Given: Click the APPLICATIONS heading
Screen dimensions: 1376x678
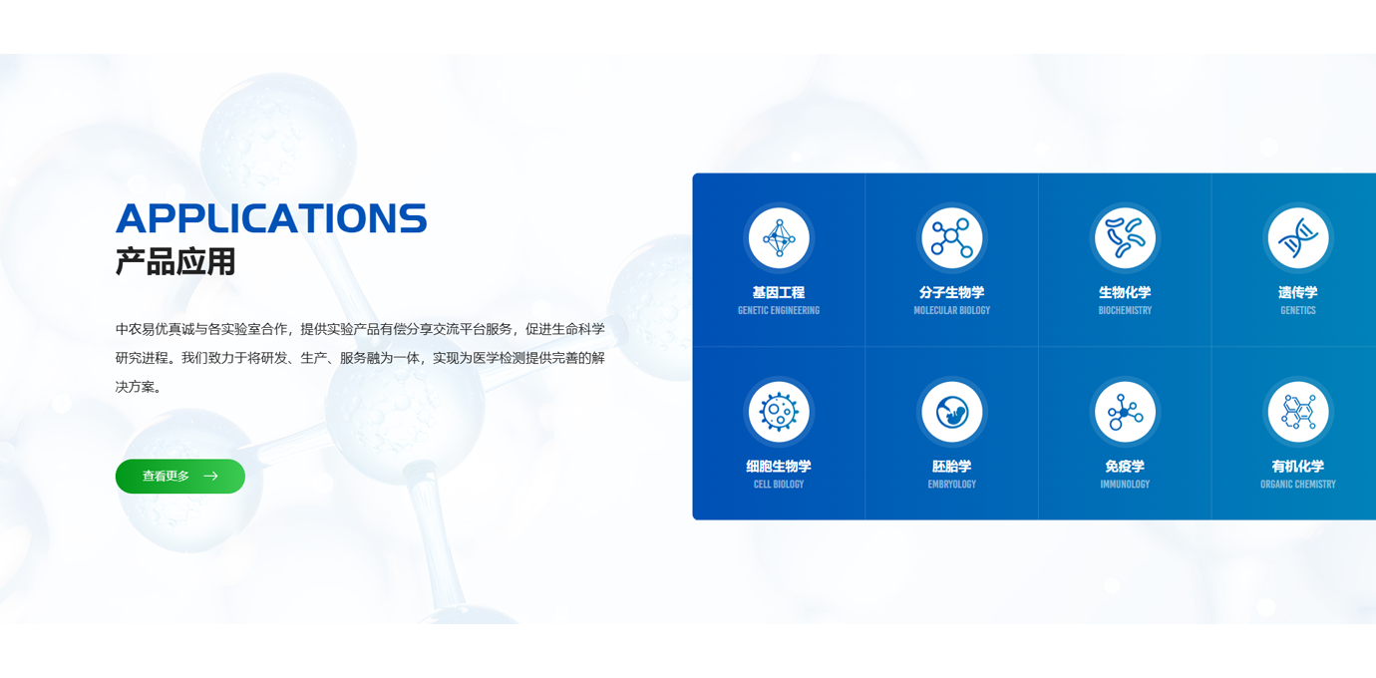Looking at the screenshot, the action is point(271,218).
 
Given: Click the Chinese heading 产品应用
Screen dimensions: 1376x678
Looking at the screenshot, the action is point(175,261).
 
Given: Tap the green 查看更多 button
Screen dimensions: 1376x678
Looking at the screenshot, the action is point(180,476).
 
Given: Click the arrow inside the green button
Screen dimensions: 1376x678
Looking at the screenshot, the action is point(211,476).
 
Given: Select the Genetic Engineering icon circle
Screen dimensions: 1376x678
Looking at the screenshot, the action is point(779,237).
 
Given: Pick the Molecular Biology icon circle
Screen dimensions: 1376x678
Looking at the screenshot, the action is point(951,237).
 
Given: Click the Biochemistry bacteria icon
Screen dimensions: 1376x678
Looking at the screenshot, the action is point(1125,237).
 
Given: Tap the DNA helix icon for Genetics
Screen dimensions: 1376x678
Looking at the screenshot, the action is point(1298,237).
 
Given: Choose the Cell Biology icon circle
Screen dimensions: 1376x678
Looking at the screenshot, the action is point(779,412).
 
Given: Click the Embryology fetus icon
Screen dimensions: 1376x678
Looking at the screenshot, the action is point(951,412).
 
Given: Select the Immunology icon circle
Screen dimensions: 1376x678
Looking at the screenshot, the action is point(1125,412).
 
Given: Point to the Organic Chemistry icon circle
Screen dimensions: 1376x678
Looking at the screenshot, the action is point(1298,412).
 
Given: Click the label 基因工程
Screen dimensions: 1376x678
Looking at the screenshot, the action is point(779,292).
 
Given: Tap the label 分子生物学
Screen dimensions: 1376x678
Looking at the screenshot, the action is point(951,292).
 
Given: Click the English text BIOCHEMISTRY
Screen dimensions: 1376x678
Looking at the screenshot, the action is point(1125,310).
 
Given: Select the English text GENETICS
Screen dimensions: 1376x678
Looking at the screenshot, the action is point(1298,310).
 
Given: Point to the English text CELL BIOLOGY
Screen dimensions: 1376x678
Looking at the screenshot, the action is point(779,484).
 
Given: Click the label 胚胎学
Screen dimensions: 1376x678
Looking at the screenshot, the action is point(951,467).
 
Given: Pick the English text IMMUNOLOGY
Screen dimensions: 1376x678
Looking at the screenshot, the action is point(1125,484).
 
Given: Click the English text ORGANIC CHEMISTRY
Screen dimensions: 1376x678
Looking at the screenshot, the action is point(1298,484).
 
